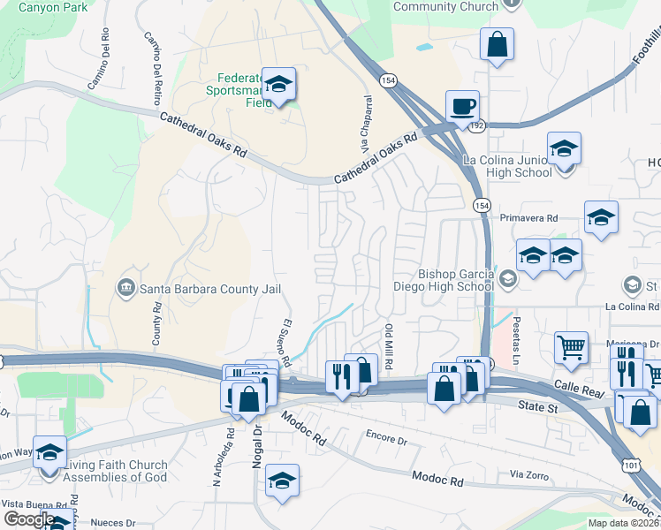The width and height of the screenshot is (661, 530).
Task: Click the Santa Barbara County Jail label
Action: [x=199, y=289]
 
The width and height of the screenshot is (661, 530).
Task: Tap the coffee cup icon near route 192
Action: [x=462, y=107]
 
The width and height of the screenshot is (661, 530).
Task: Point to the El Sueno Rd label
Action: [x=286, y=343]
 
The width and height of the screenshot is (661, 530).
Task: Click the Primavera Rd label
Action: [x=529, y=217]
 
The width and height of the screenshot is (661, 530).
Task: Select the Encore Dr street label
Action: [x=386, y=438]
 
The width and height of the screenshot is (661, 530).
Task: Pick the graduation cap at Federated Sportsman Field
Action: [x=279, y=85]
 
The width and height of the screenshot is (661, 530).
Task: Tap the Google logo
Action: [x=28, y=519]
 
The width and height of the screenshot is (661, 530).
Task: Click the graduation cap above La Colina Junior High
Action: [x=563, y=148]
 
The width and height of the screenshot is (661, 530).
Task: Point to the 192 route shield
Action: [x=477, y=126]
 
